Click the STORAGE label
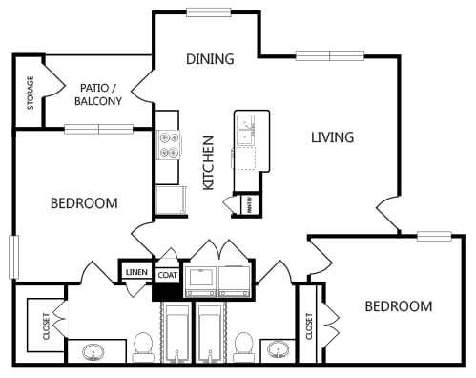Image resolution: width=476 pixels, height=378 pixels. [30, 91]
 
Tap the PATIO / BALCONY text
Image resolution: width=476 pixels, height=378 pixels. [99, 94]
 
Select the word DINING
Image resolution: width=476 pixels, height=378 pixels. [209, 59]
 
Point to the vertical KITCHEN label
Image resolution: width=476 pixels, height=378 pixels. [209, 162]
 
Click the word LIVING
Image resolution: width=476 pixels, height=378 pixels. [332, 137]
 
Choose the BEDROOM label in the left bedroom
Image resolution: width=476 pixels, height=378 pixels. [84, 203]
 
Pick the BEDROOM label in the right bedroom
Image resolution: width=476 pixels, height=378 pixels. [398, 306]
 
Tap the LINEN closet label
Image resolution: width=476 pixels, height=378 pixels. [135, 273]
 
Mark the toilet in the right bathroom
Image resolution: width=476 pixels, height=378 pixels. [244, 346]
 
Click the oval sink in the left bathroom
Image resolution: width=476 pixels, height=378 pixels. [93, 352]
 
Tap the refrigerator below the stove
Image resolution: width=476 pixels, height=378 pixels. [169, 201]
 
